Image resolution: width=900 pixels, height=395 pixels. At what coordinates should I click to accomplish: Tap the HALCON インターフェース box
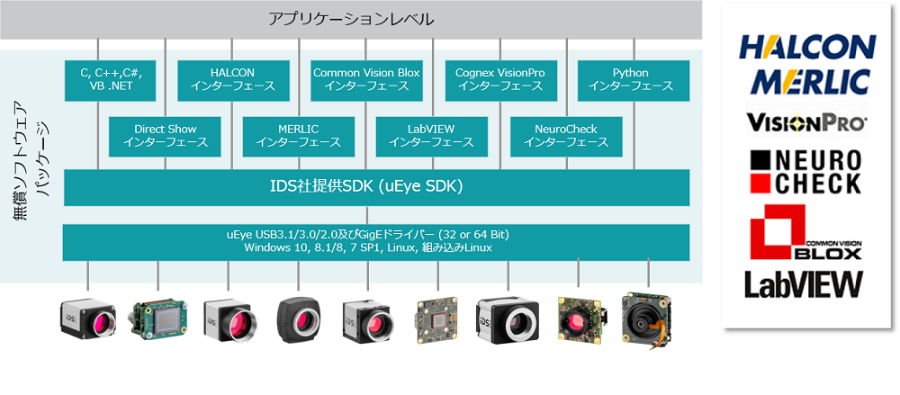(x=232, y=80)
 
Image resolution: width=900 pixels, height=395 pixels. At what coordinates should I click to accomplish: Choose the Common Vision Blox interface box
(x=366, y=80)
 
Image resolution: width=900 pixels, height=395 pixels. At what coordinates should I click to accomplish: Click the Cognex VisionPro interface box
(x=500, y=80)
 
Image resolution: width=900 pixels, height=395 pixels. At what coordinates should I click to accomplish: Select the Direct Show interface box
(x=166, y=136)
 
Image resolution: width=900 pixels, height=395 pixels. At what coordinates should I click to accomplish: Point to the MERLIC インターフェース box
(x=299, y=136)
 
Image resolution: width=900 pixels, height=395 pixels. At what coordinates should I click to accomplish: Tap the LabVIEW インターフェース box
(x=432, y=136)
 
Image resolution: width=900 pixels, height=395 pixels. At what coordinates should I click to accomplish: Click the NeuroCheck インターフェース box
(x=566, y=136)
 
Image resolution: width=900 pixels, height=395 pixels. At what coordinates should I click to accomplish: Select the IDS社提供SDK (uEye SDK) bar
(x=376, y=187)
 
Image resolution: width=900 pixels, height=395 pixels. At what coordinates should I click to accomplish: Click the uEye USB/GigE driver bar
(x=376, y=241)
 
